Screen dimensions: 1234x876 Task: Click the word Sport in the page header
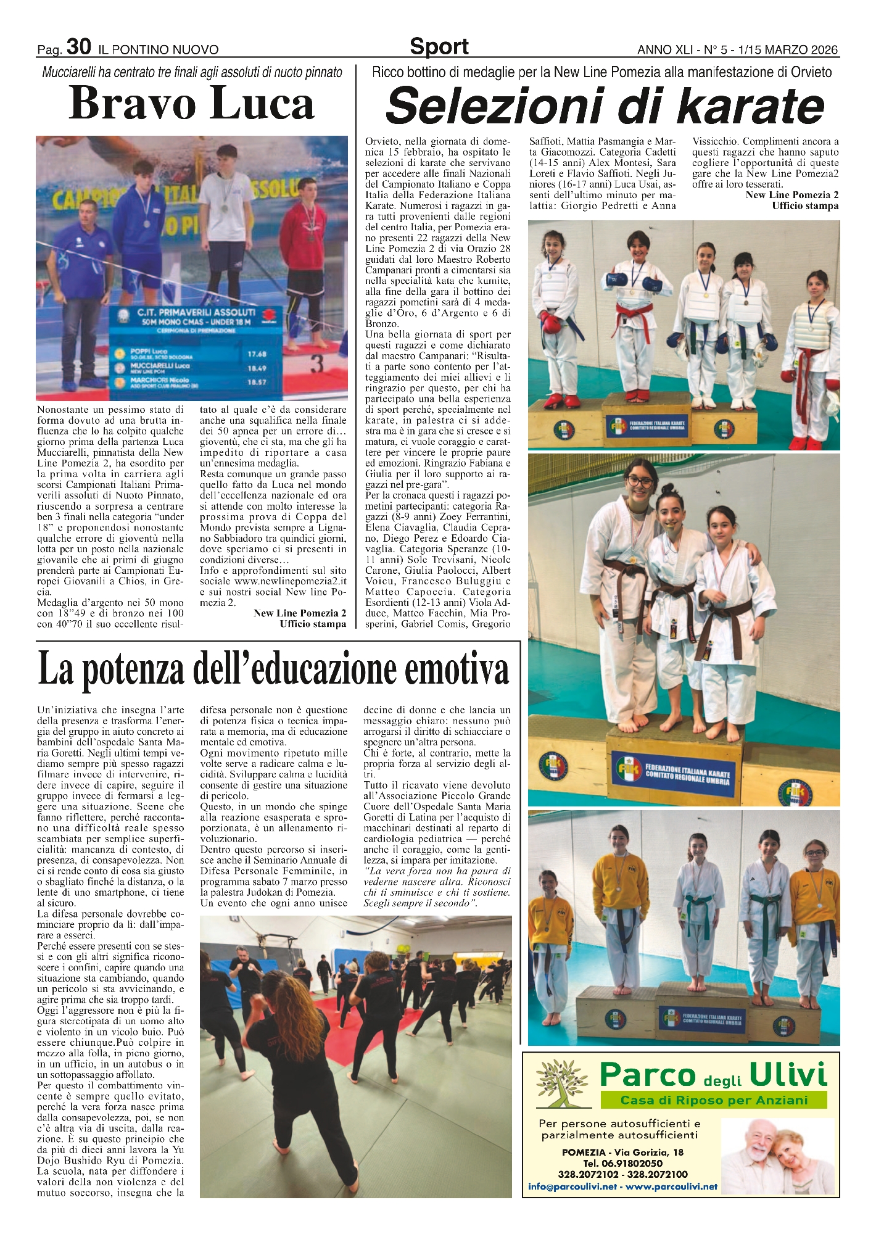pos(439,46)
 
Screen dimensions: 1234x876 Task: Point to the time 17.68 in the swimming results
pos(256,354)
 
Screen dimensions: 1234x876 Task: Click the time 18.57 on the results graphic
pos(256,383)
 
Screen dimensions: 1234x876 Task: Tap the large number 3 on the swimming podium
pos(316,364)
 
